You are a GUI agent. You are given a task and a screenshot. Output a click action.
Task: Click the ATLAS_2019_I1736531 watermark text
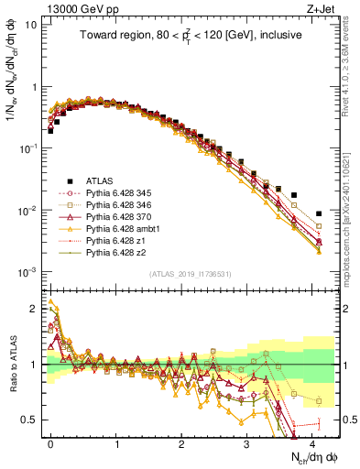(184, 274)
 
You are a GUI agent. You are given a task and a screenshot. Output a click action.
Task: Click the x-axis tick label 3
(246, 442)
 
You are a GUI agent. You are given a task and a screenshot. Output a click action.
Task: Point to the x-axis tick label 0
(50, 442)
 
